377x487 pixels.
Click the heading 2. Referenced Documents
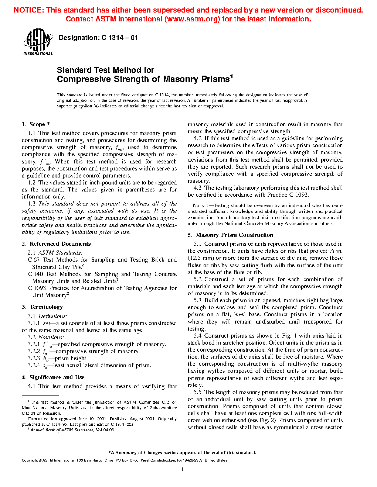(x=56, y=244)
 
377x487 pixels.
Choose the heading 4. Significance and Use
(x=53, y=377)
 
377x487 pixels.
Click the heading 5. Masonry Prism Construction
(x=230, y=235)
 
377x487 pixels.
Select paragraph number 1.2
(x=32, y=183)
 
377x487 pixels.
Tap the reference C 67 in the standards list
(x=34, y=260)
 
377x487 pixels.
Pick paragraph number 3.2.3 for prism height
(x=34, y=358)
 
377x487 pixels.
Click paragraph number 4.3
(x=197, y=188)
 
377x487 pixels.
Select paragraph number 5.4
(x=197, y=336)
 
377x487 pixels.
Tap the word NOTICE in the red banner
(x=28, y=10)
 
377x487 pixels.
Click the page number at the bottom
(x=183, y=470)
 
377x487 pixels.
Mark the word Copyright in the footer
(x=30, y=460)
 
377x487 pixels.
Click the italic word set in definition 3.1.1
(x=47, y=323)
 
